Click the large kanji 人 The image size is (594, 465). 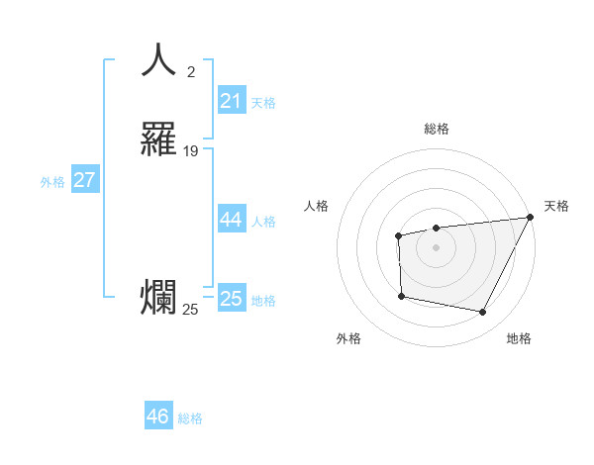[x=158, y=61]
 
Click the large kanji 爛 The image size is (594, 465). [x=158, y=298]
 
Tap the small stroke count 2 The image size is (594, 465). [x=191, y=71]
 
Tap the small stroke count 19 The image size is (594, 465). [x=191, y=150]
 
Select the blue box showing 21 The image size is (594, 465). [x=232, y=101]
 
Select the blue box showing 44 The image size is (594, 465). [x=232, y=220]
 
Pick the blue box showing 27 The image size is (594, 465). [x=85, y=180]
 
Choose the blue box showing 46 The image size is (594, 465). [x=158, y=417]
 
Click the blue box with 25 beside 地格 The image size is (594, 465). [x=232, y=299]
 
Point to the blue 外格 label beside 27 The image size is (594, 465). [x=52, y=182]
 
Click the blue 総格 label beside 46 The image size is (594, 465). [x=190, y=418]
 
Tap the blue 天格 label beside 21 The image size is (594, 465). [x=263, y=103]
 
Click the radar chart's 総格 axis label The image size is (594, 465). [x=437, y=129]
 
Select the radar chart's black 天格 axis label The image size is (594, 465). [x=556, y=206]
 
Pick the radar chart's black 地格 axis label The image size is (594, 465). [x=519, y=338]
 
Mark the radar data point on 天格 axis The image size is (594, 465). [x=532, y=218]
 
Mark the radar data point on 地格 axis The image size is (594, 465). [x=482, y=312]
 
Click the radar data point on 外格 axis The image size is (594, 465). [x=401, y=296]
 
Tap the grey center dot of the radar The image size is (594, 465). [x=437, y=247]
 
